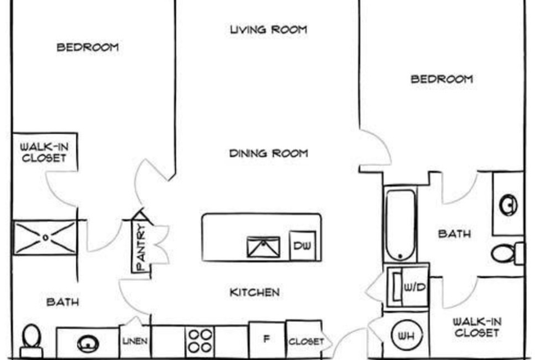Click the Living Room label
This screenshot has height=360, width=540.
coord(268,30)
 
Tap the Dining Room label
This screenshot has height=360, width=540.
coord(268,153)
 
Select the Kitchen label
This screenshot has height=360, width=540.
coord(254,292)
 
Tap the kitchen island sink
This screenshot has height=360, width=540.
coord(263,246)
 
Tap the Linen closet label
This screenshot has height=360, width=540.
coord(134,342)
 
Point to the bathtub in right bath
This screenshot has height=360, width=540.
coord(400,224)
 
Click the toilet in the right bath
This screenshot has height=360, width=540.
coord(506,253)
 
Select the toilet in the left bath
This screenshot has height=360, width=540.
coord(32,341)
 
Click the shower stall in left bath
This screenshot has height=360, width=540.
coord(44,236)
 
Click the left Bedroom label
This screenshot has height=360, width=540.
coord(88,47)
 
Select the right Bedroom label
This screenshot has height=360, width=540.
coord(442,79)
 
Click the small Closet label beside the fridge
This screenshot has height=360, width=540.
coord(306,342)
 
